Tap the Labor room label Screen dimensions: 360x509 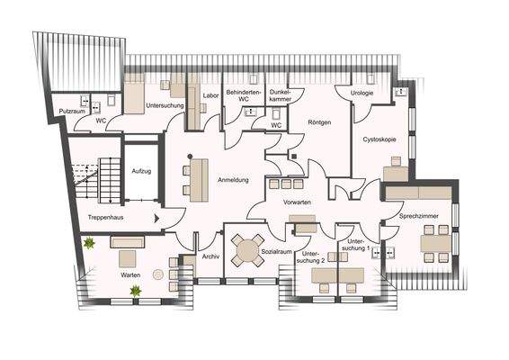(x=211, y=94)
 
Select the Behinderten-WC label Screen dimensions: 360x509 (x=243, y=96)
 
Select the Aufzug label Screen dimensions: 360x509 (x=142, y=170)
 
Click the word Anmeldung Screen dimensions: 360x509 (x=234, y=180)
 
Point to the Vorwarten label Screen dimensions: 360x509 (x=297, y=202)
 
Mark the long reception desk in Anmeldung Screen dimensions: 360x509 (x=194, y=176)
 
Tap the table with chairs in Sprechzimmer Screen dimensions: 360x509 (x=436, y=242)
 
